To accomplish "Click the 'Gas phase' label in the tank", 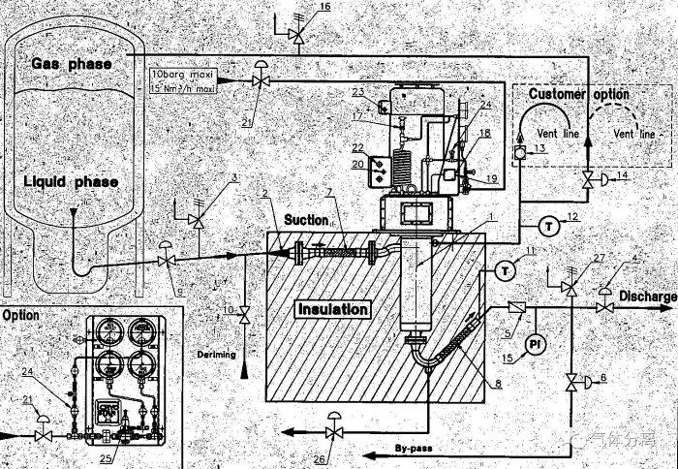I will (72, 63).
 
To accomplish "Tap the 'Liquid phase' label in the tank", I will (74, 182).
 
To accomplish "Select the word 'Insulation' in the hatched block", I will (332, 309).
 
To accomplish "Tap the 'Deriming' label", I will (215, 355).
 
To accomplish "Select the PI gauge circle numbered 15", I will (532, 344).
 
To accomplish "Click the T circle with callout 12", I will (547, 226).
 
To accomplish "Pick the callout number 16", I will (324, 7).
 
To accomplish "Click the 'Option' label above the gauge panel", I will (20, 316).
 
